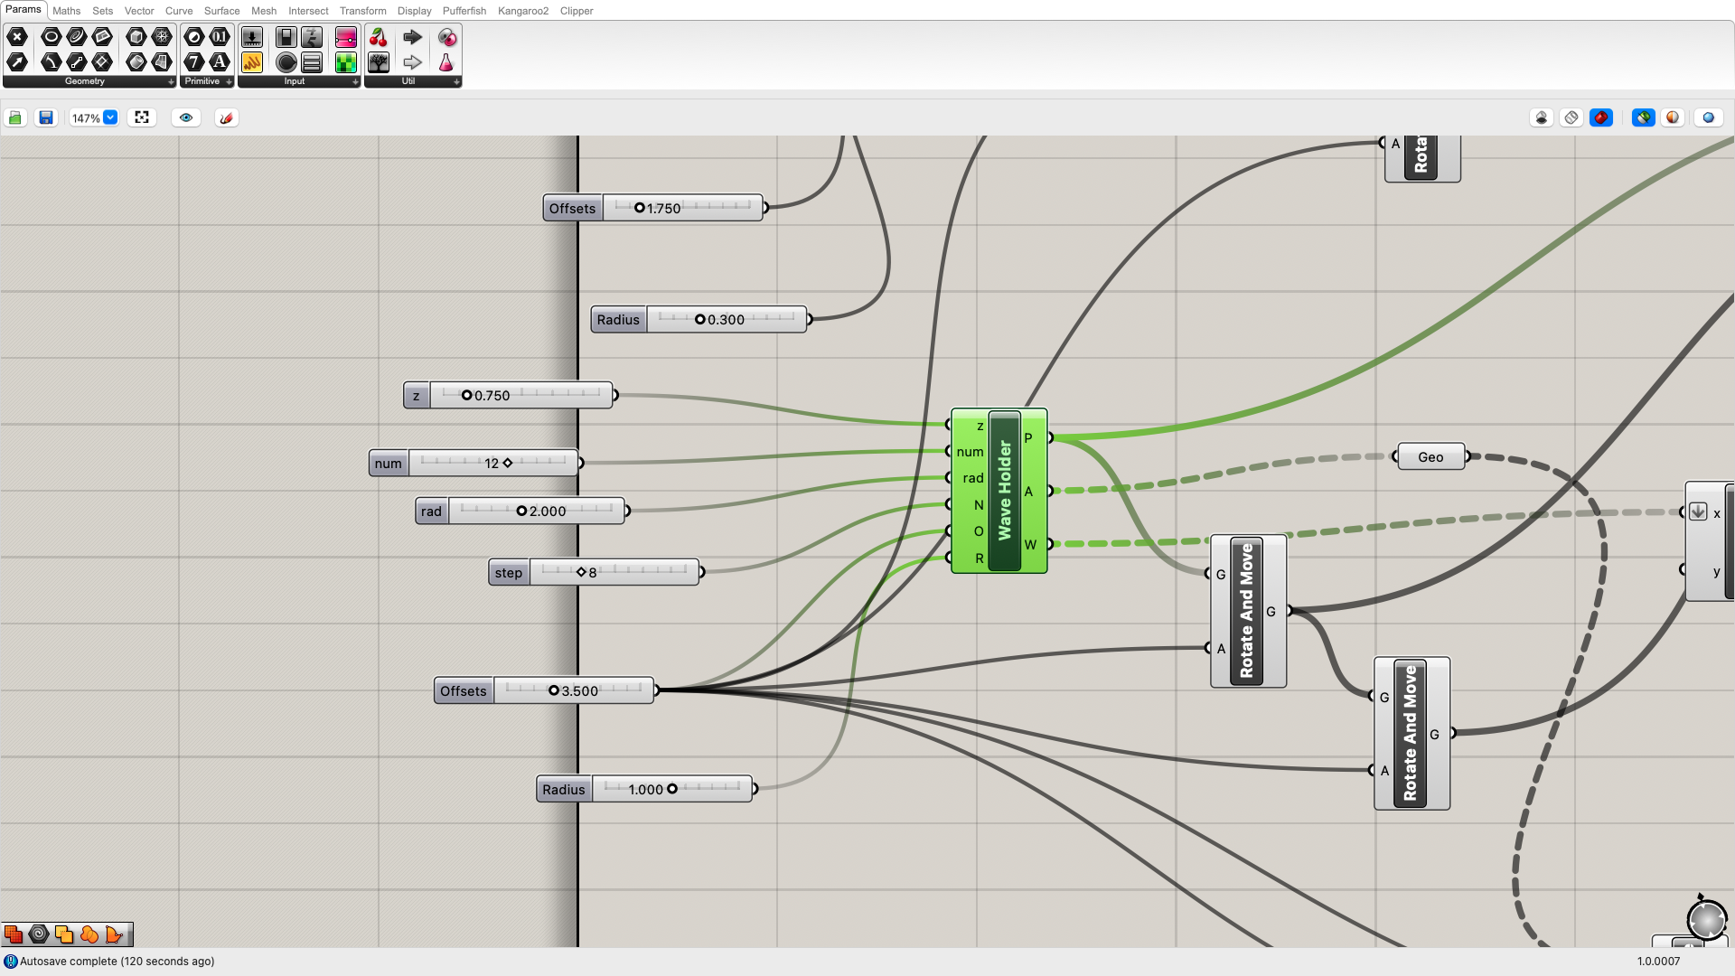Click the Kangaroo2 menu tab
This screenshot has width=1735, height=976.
click(x=522, y=11)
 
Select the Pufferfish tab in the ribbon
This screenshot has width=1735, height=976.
click(x=464, y=11)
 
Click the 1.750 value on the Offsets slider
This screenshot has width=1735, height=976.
click(x=663, y=209)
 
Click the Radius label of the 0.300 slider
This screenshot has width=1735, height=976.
click(x=618, y=320)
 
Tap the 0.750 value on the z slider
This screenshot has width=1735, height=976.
click(x=492, y=396)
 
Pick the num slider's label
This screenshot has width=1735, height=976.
click(x=388, y=464)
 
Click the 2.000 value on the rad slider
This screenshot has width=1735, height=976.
click(x=547, y=511)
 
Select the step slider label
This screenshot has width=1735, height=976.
click(x=508, y=573)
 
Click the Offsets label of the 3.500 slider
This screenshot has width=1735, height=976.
click(x=463, y=691)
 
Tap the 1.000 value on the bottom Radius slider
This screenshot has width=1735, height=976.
click(x=645, y=790)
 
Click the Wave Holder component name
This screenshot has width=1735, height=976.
click(x=1004, y=491)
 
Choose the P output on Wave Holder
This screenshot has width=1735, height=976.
click(x=1028, y=438)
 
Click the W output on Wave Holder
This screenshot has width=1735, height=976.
click(x=1030, y=545)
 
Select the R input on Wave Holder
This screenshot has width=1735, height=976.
click(x=979, y=558)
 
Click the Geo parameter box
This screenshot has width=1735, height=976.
click(x=1430, y=457)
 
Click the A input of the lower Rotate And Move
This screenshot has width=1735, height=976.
click(x=1384, y=771)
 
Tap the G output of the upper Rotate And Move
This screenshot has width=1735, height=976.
click(x=1271, y=612)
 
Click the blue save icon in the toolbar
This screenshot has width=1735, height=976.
click(x=45, y=117)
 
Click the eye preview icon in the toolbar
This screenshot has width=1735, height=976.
click(x=186, y=117)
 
